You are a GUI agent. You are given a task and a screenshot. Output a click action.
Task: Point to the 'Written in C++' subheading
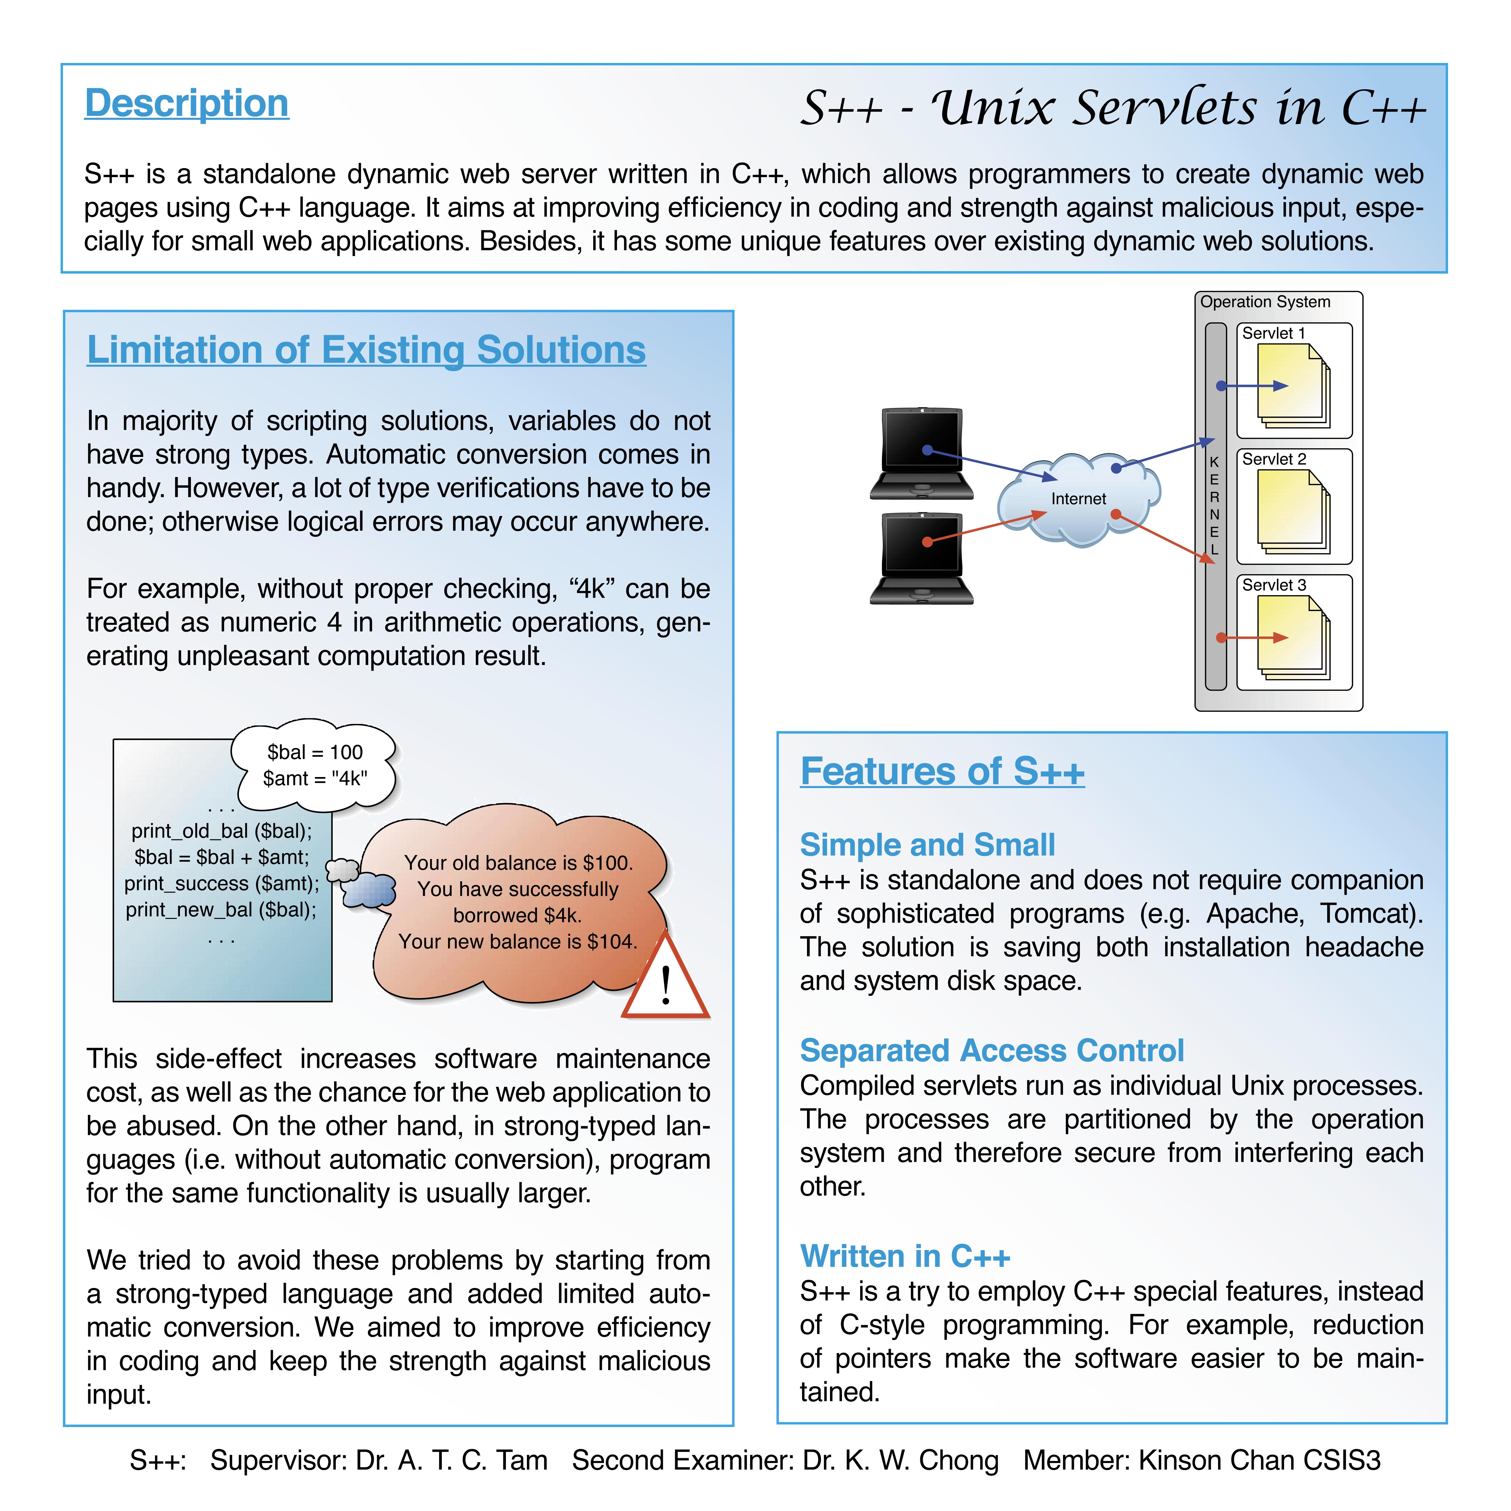pos(905,1256)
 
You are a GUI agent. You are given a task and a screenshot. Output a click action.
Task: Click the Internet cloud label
pos(1078,499)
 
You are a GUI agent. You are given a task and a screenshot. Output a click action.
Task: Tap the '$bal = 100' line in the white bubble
pos(315,752)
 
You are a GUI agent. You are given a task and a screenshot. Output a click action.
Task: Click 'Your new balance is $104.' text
pos(518,942)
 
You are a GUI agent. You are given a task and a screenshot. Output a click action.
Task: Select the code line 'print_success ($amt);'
pos(222,884)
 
